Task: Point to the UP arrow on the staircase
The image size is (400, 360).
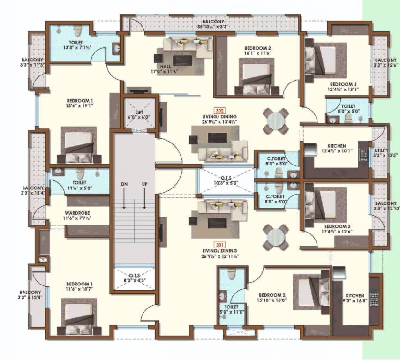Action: click(x=145, y=197)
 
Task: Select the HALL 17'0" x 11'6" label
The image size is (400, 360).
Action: click(x=165, y=69)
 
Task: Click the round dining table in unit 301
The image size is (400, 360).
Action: click(x=275, y=237)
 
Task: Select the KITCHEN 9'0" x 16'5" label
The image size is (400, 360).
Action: click(x=355, y=299)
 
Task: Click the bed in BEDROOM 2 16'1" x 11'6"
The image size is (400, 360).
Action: click(x=257, y=78)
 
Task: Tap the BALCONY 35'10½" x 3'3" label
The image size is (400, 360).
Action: click(x=213, y=24)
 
